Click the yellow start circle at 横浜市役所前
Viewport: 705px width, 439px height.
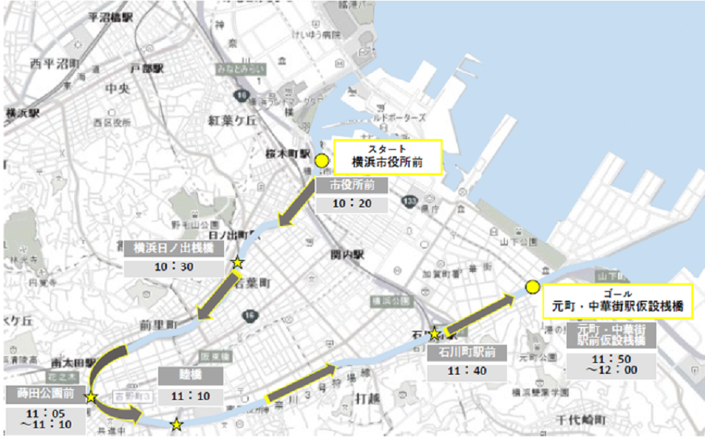(x=321, y=162)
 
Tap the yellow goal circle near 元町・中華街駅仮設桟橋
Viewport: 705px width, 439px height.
(x=532, y=286)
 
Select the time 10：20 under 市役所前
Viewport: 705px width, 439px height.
(x=351, y=203)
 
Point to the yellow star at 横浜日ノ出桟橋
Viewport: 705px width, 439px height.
(x=237, y=262)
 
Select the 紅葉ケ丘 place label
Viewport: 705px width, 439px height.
(x=232, y=120)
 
